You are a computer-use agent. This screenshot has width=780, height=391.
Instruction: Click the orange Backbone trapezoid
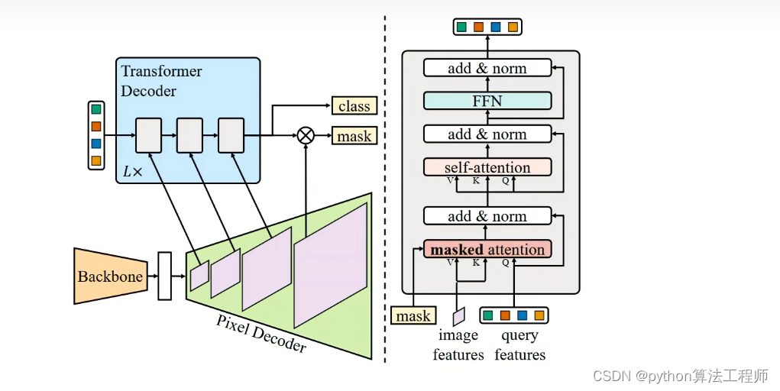point(111,276)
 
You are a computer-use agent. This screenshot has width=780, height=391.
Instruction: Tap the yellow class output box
point(354,105)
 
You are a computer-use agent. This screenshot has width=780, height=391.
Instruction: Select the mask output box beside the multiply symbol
point(354,135)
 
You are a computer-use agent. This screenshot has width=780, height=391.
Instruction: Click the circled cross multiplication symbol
point(306,135)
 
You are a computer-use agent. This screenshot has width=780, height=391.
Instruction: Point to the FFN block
point(487,101)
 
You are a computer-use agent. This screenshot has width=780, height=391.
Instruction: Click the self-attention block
point(487,167)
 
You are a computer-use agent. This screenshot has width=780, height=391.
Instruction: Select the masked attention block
point(487,249)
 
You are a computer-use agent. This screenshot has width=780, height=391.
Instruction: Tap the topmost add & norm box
point(487,68)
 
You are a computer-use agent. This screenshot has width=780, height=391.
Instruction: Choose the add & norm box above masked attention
point(487,216)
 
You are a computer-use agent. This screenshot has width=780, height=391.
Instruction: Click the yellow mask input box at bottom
point(413,315)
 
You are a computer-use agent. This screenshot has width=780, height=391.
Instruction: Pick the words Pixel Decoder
point(261,333)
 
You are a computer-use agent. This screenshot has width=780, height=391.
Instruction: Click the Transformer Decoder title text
point(161,81)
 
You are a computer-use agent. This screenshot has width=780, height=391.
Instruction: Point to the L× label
point(132,172)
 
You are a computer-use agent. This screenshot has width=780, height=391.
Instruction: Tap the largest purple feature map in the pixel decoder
point(331,265)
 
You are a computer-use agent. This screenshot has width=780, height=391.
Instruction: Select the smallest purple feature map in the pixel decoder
point(199,275)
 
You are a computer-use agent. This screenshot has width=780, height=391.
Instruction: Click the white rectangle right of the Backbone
point(165,276)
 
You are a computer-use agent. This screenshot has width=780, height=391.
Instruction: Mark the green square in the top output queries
point(461,27)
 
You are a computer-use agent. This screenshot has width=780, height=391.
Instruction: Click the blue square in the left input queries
point(96,144)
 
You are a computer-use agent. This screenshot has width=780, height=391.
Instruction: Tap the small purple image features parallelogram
point(458,316)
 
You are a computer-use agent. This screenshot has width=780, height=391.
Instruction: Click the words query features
point(519,345)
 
